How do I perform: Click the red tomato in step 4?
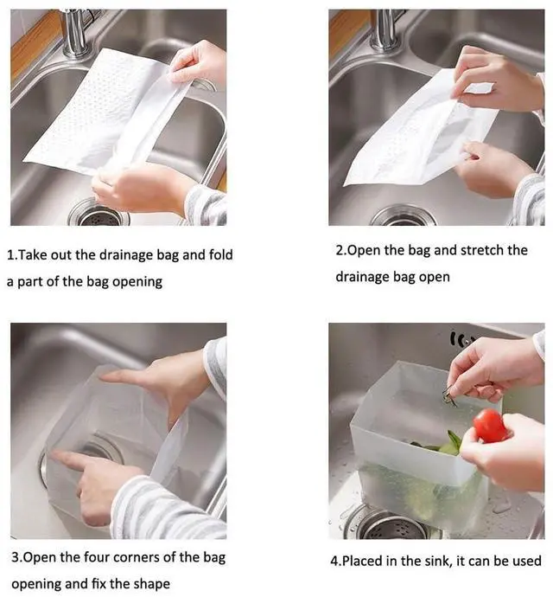pyautogui.click(x=490, y=426)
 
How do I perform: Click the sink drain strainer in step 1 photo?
pyautogui.click(x=99, y=215)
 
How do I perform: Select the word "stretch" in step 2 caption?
pyautogui.click(x=482, y=250)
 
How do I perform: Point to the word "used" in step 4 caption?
pyautogui.click(x=527, y=561)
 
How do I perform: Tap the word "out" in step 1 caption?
pyautogui.click(x=61, y=254)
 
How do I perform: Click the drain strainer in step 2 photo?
pyautogui.click(x=404, y=217)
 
